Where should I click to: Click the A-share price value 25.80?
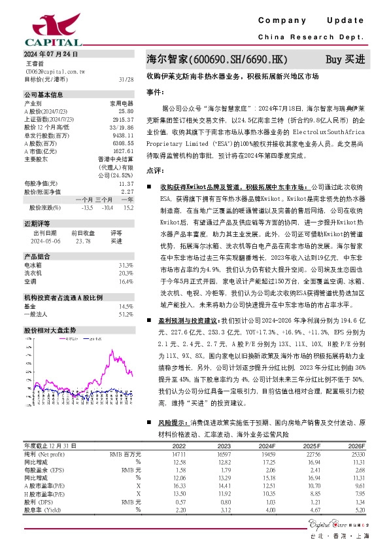point(127,112)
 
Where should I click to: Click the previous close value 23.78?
point(83,241)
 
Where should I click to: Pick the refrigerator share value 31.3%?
point(126,265)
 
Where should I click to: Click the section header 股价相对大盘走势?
point(50,330)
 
